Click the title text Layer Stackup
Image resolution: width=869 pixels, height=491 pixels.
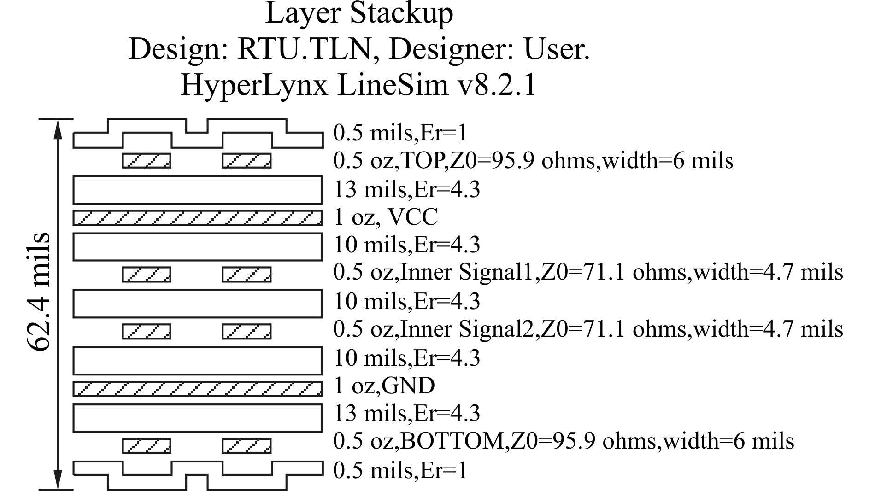click(359, 14)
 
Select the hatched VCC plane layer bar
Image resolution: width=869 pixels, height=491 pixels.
click(197, 218)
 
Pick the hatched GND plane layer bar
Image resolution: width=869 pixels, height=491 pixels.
click(197, 389)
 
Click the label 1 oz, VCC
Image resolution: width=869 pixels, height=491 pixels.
click(385, 217)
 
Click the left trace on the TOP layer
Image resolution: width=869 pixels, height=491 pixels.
click(147, 161)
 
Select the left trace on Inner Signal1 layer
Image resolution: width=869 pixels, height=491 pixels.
click(147, 275)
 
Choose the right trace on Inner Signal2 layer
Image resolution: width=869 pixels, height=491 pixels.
click(247, 332)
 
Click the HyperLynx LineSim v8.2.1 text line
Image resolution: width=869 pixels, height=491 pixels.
click(359, 85)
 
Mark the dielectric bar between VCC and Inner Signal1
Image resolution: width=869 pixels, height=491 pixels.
click(197, 247)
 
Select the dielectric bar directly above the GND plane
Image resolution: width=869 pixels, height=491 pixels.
click(197, 361)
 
